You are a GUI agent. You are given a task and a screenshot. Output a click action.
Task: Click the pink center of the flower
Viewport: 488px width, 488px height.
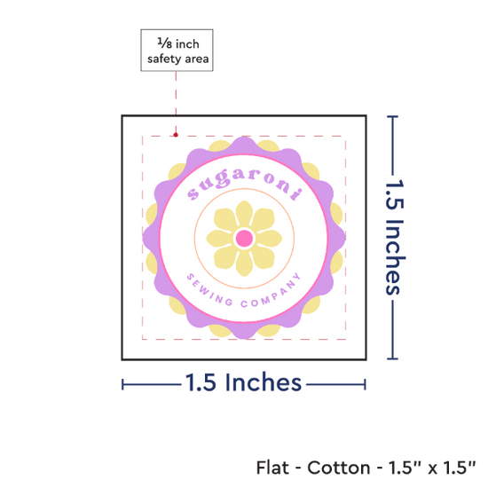244,239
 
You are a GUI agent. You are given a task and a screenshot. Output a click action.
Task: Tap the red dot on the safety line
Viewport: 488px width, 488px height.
176,135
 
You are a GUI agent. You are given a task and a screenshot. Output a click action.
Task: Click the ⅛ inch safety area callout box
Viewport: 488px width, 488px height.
177,50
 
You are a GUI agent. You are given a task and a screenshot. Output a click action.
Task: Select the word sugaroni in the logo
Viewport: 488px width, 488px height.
244,184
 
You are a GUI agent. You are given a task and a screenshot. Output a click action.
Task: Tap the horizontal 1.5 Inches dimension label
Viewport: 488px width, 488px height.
244,382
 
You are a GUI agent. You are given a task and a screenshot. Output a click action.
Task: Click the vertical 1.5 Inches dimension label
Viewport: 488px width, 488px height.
395,237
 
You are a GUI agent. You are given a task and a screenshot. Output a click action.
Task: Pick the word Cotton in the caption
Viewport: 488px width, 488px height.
339,468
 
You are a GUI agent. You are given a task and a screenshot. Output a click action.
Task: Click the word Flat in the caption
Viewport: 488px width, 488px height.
272,468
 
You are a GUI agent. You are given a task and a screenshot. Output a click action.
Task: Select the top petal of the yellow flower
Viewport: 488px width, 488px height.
244,213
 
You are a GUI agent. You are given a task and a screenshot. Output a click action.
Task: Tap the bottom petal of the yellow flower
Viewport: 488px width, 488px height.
244,264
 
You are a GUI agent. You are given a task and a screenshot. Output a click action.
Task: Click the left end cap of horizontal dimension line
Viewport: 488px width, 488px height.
122,385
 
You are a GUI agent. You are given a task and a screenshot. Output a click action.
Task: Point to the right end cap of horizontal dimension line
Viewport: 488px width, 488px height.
365,385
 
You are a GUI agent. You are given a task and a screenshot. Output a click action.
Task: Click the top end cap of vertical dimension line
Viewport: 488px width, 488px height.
392,117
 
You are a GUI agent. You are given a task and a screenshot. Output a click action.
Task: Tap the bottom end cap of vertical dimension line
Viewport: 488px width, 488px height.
392,358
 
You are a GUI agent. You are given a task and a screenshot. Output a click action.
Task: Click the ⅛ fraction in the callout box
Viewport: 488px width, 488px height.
165,43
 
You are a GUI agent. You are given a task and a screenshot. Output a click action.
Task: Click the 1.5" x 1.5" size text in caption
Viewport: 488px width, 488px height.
432,468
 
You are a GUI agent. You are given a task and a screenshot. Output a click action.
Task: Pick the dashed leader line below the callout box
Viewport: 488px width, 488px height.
176,102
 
